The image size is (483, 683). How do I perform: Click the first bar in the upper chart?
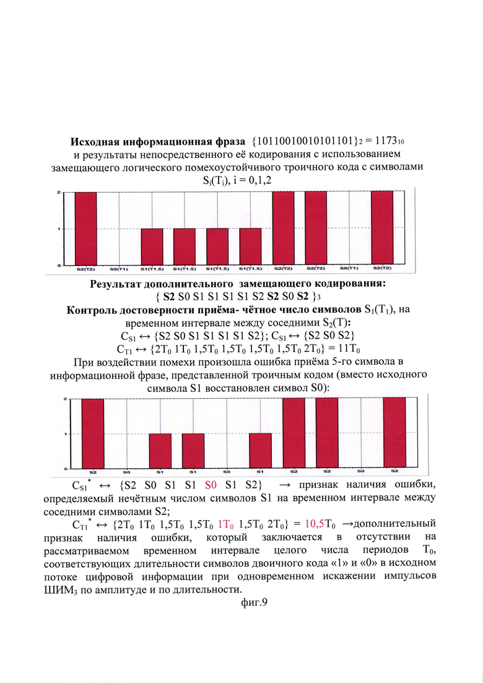coord(85,228)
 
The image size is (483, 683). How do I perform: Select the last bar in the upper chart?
coord(381,228)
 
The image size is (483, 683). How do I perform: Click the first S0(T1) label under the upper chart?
coord(118,269)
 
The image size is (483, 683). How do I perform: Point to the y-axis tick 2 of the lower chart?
coord(66,399)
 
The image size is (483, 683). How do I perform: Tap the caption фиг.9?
coord(241,600)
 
